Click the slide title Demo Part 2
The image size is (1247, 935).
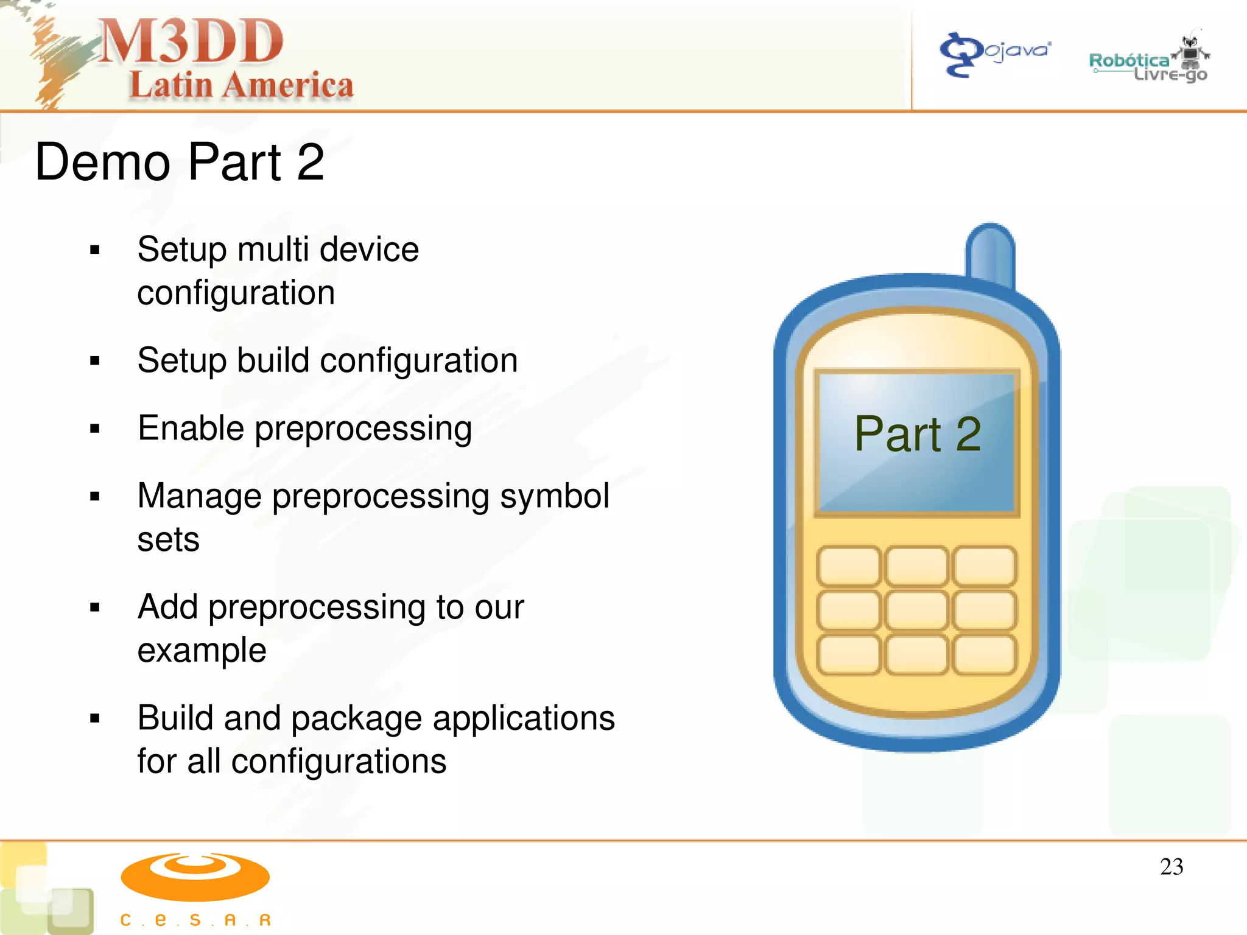[180, 162]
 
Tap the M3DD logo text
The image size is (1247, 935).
[191, 41]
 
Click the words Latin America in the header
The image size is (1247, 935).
[241, 85]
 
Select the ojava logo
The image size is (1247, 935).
[995, 54]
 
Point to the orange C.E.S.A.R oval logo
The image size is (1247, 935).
[195, 877]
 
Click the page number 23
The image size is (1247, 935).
[1171, 867]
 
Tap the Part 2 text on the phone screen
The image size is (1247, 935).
[918, 434]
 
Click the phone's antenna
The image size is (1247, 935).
[991, 253]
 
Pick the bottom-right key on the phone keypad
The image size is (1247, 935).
[985, 654]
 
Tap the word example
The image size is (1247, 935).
[202, 650]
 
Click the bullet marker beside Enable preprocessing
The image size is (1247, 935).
[94, 429]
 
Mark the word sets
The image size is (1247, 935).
[168, 540]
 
